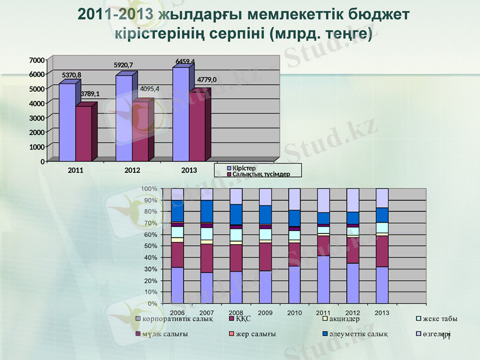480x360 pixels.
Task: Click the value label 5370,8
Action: point(71,75)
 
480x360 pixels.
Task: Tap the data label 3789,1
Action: point(89,94)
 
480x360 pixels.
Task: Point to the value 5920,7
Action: point(124,65)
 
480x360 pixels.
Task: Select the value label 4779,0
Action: point(207,79)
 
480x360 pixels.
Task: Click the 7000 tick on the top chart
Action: point(37,60)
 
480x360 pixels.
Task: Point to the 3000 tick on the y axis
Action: point(37,118)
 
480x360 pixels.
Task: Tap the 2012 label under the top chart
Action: point(132,170)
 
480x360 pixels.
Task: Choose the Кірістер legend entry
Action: point(244,167)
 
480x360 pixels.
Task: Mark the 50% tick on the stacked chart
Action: point(150,246)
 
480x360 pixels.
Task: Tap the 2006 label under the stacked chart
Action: point(178,313)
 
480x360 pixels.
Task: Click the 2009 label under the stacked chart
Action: point(265,313)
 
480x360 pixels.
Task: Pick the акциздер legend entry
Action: point(344,319)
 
